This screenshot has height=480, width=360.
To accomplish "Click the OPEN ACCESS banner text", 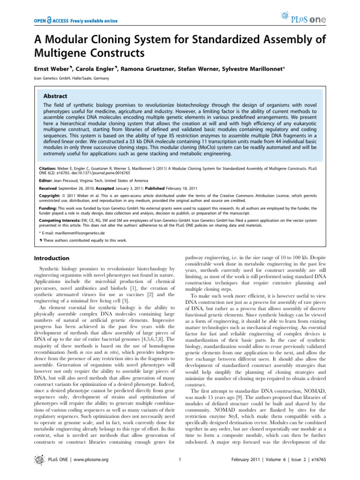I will (75, 21).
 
